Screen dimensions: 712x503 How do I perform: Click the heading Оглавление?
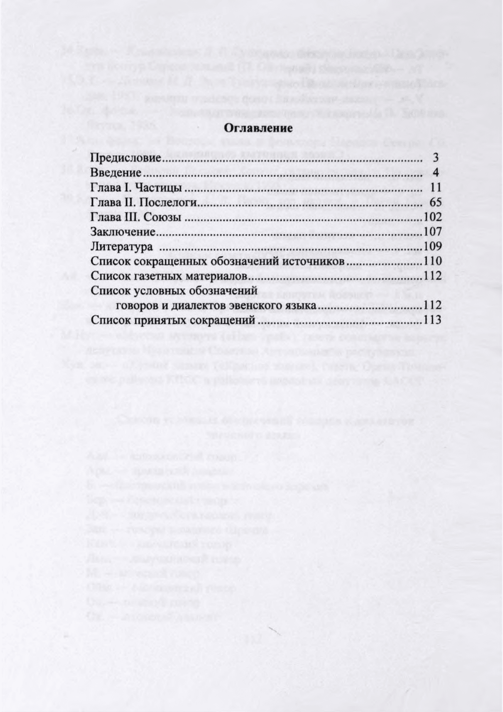point(257,128)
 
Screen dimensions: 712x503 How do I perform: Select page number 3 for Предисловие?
point(437,159)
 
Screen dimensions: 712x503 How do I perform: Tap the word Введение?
point(116,173)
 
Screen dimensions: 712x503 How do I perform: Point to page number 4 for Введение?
point(437,173)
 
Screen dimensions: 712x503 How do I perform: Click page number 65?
point(435,203)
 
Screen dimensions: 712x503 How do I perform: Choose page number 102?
point(433,217)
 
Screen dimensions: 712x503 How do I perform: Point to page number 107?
point(433,232)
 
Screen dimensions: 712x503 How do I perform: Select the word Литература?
point(122,247)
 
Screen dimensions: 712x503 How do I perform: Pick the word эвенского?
point(254,306)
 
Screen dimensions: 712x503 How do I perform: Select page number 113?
point(433,320)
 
